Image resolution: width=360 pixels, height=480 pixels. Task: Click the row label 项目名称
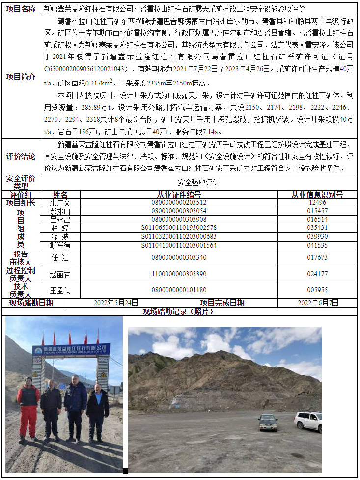pos(21,9)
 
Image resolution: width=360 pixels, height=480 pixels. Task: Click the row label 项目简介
pos(21,77)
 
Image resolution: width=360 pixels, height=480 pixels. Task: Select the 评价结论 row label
pos(21,156)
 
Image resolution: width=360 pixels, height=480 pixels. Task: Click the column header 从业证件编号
pos(179,195)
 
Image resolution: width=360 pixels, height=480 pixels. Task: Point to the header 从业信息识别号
pos(317,195)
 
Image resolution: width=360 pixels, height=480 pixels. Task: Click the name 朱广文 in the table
pos(60,203)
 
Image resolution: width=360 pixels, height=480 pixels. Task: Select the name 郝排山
pos(60,211)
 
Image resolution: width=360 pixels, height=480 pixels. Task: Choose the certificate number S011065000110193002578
pos(179,228)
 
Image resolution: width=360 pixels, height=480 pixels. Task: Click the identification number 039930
pos(317,236)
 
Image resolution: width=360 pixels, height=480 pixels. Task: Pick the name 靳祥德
pos(60,245)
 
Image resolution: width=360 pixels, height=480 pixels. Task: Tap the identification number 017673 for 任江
pos(317,257)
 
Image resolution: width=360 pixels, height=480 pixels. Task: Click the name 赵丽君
pos(60,274)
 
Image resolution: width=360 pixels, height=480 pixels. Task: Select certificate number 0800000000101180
pos(179,290)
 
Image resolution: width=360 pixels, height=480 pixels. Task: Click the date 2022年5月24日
pos(116,303)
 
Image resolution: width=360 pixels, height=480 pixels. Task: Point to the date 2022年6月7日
pos(318,303)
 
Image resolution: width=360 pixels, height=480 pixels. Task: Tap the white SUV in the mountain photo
pos(308,421)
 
